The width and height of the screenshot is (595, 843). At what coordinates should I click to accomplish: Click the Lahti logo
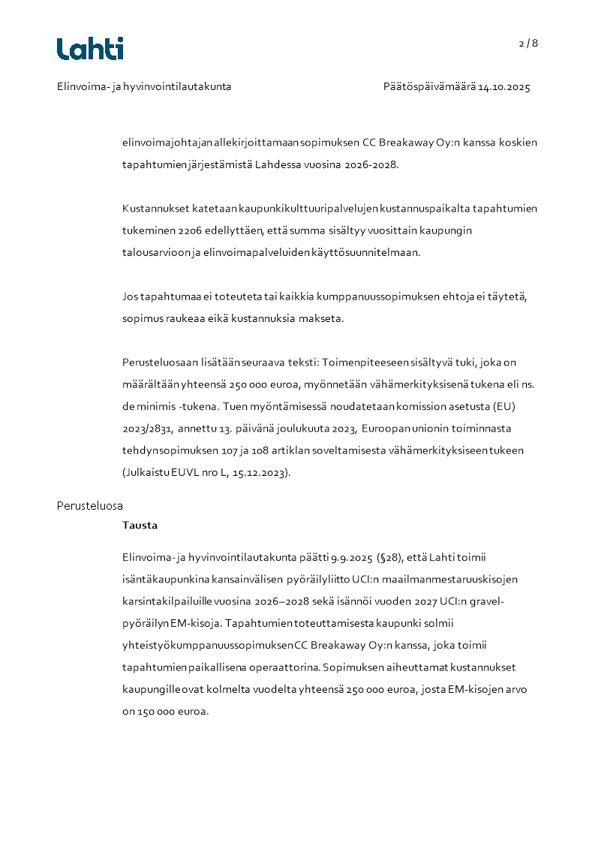pyautogui.click(x=90, y=49)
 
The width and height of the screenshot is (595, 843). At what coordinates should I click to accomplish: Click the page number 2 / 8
pyautogui.click(x=528, y=44)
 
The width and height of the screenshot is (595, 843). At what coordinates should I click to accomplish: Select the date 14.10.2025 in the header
pyautogui.click(x=504, y=87)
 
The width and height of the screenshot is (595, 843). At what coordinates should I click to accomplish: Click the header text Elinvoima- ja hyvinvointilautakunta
pyautogui.click(x=144, y=87)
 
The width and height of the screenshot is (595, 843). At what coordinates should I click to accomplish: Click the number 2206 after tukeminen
pyautogui.click(x=191, y=230)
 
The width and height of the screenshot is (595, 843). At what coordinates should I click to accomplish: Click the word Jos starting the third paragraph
pyautogui.click(x=130, y=297)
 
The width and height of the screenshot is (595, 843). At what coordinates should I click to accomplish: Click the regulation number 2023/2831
pyautogui.click(x=147, y=429)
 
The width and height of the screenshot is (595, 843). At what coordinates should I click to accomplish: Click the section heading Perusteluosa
pyautogui.click(x=90, y=506)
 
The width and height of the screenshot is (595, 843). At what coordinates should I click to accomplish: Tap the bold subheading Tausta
pyautogui.click(x=140, y=525)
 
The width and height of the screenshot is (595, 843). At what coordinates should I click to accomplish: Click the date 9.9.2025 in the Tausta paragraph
pyautogui.click(x=353, y=557)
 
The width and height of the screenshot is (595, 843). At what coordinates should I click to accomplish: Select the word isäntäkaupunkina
pyautogui.click(x=164, y=580)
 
